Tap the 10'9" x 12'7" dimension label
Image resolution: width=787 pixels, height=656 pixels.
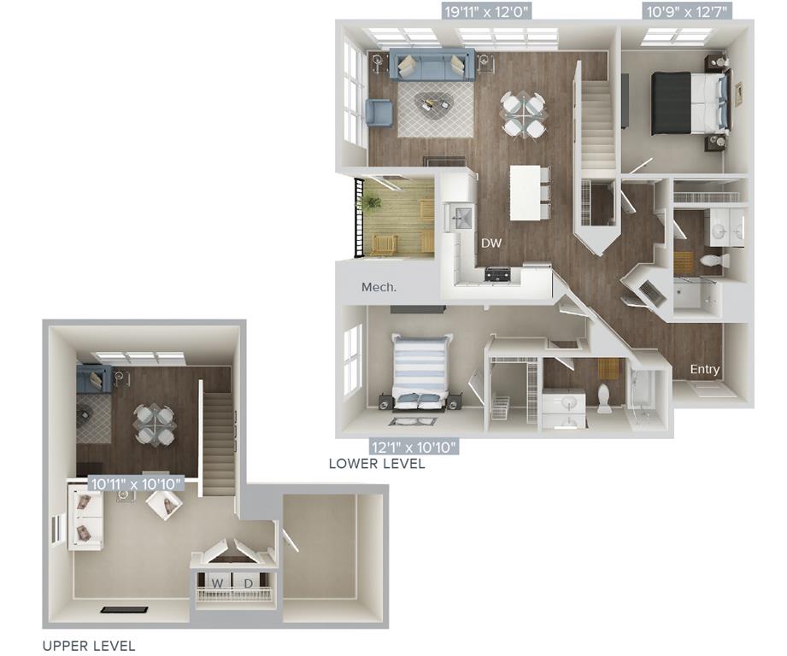click(686, 11)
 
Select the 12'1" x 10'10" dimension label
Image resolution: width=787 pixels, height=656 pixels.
click(414, 446)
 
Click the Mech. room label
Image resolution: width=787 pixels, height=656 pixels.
click(379, 287)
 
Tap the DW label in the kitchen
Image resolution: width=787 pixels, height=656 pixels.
click(491, 243)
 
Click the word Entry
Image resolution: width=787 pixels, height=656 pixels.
click(705, 370)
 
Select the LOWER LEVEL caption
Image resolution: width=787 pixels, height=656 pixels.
click(376, 465)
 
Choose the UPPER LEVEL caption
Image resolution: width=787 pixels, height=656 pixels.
click(89, 646)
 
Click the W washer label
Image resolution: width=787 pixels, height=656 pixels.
click(218, 583)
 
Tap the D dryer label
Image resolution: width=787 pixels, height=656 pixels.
click(249, 583)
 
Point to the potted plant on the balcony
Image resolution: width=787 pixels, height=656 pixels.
click(371, 203)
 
